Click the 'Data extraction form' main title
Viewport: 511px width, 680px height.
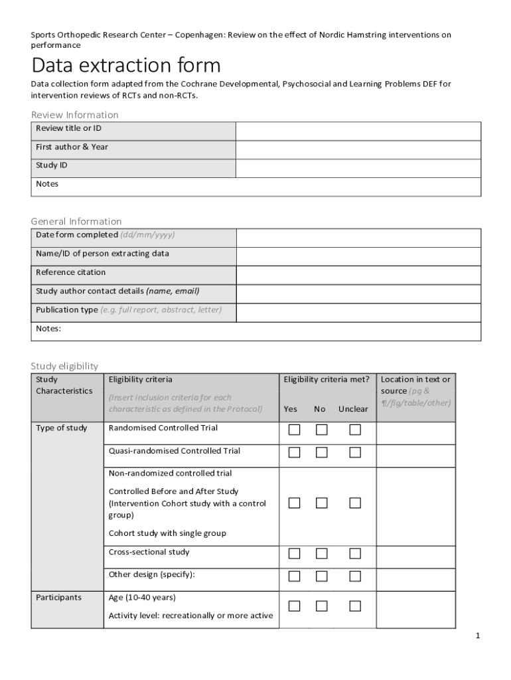click(x=126, y=66)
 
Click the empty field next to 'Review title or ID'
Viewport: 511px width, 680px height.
click(x=358, y=131)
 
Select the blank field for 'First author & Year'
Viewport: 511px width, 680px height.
click(x=358, y=149)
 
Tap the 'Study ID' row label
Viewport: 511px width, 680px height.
click(x=52, y=165)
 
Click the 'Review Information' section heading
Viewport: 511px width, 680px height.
click(x=75, y=115)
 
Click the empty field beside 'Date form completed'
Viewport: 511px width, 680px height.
click(x=358, y=238)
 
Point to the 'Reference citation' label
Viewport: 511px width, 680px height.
click(x=70, y=272)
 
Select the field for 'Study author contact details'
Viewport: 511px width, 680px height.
click(x=358, y=294)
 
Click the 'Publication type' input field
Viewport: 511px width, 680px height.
click(x=358, y=312)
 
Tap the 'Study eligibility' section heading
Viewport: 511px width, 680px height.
click(x=64, y=366)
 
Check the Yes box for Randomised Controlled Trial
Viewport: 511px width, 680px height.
click(x=294, y=430)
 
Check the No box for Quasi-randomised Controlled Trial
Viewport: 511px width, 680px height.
click(x=321, y=452)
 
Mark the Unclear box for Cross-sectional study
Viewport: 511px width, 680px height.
click(x=355, y=554)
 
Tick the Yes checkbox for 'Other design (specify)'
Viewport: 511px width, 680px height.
click(x=294, y=576)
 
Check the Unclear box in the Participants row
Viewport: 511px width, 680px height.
click(x=355, y=606)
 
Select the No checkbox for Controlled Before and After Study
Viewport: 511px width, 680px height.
click(x=321, y=503)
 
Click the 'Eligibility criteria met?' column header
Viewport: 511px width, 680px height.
click(x=327, y=379)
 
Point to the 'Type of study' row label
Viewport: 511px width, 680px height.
click(x=61, y=428)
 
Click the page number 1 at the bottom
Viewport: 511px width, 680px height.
click(x=476, y=636)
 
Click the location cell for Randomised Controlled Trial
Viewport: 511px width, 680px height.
click(x=415, y=433)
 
